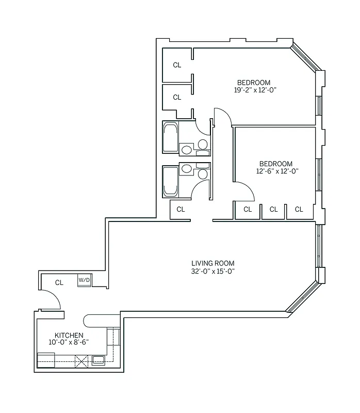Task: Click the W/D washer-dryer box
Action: [84, 280]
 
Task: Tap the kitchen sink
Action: [98, 360]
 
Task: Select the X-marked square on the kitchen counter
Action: [81, 361]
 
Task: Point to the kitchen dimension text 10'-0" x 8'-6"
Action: [69, 342]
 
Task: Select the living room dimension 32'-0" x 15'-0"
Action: [213, 271]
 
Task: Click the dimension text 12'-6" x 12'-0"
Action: [276, 171]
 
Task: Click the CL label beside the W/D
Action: [59, 282]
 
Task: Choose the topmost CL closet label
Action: [177, 65]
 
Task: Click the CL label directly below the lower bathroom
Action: [181, 209]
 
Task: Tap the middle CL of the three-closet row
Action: [273, 209]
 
